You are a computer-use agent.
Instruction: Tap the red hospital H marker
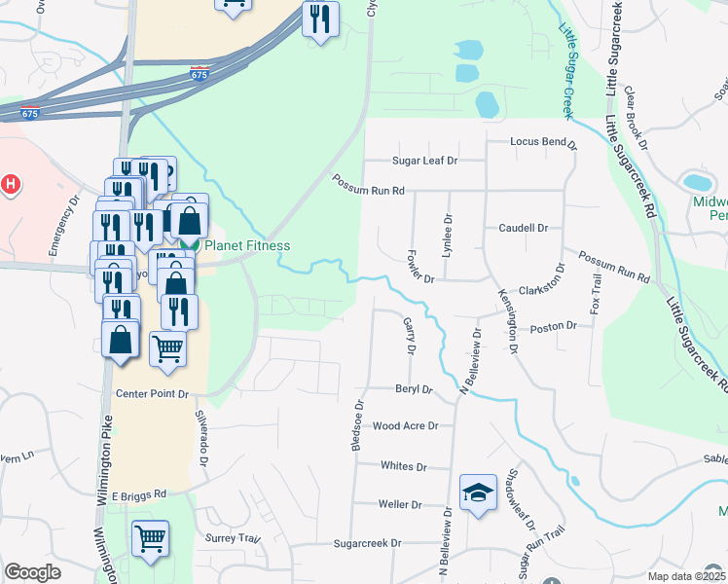click(x=10, y=183)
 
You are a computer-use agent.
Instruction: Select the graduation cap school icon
click(x=478, y=493)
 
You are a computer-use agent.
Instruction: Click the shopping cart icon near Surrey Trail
click(x=150, y=538)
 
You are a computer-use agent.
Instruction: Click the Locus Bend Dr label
click(x=544, y=142)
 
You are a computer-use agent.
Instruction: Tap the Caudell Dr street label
click(x=524, y=228)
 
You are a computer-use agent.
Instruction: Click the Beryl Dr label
click(x=413, y=388)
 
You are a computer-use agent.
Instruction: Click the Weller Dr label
click(x=400, y=504)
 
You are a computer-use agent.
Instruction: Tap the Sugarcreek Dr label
click(x=368, y=543)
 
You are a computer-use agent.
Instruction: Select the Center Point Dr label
click(x=151, y=394)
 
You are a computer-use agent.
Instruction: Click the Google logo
click(x=32, y=572)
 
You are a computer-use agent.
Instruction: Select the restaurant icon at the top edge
click(x=320, y=18)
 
